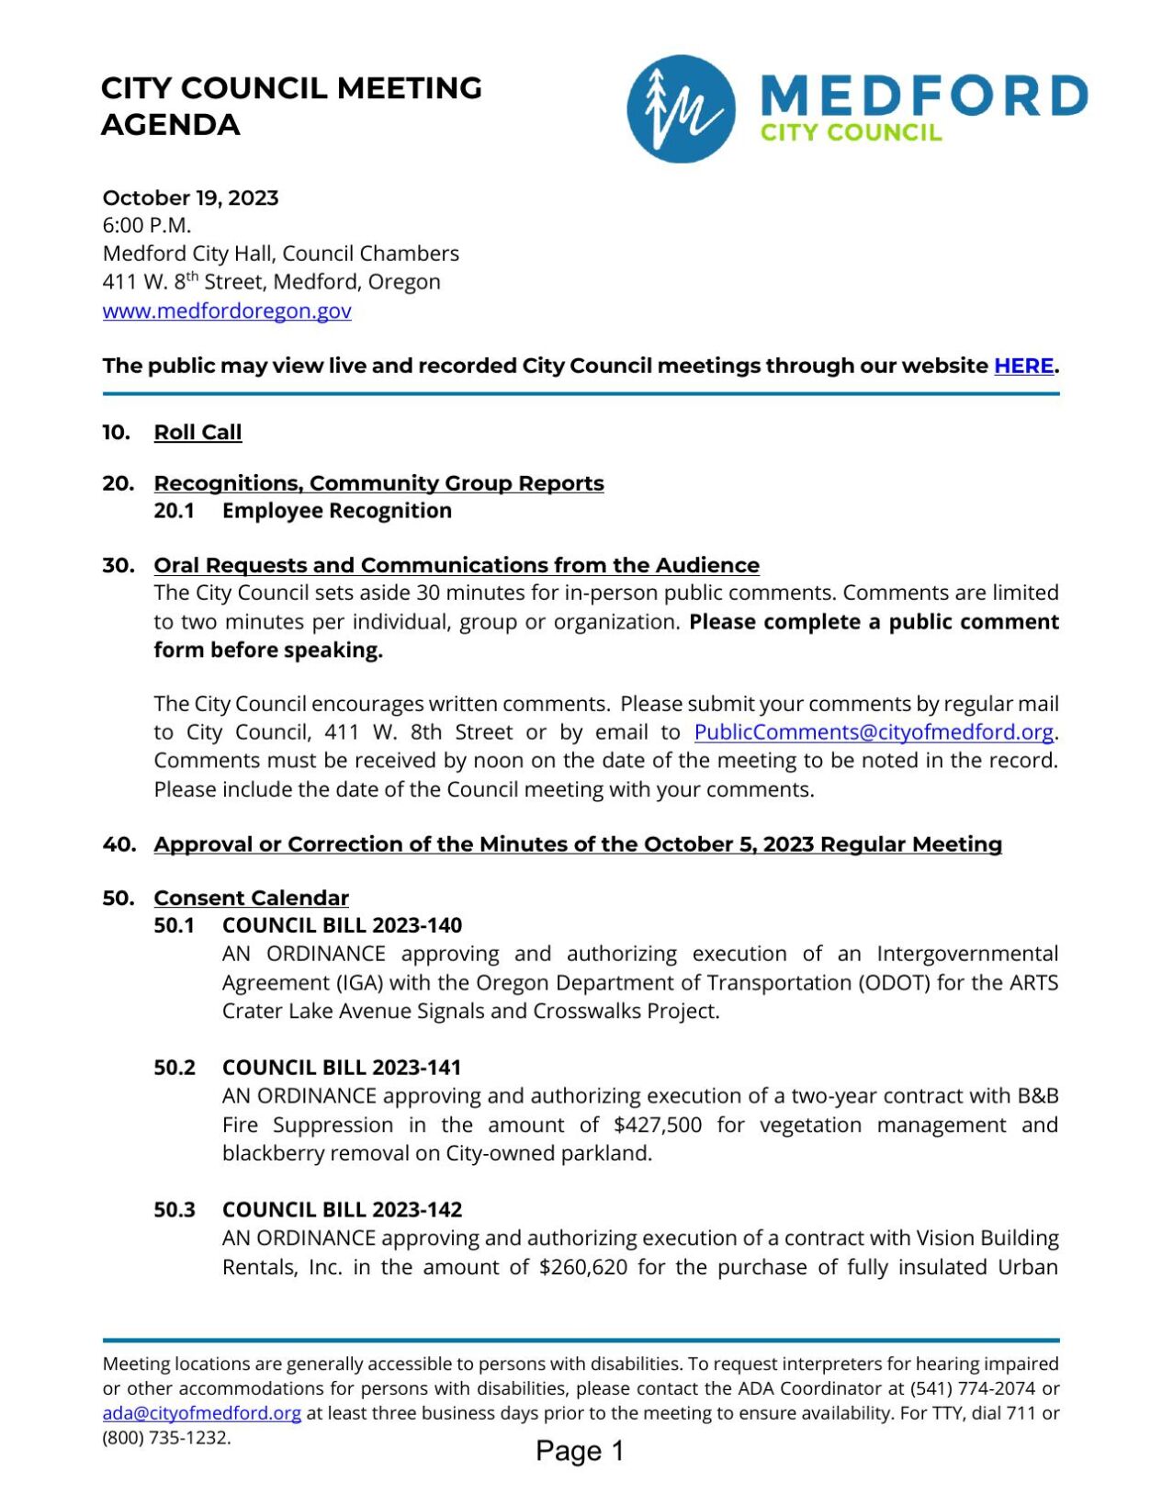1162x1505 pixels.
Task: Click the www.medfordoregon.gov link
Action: (227, 311)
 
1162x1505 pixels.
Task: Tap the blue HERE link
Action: (1023, 366)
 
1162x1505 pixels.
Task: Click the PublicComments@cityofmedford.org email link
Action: (873, 732)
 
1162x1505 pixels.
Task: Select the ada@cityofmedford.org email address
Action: (201, 1413)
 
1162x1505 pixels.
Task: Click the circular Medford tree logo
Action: (681, 108)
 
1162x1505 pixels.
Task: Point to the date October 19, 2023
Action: (190, 198)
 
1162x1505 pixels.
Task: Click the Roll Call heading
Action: (197, 432)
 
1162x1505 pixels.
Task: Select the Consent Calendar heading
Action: (251, 898)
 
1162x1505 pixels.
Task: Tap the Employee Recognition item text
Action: (336, 511)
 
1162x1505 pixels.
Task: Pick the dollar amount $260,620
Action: (583, 1267)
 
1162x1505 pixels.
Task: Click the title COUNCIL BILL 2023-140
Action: (342, 925)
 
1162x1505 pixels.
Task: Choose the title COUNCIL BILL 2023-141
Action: (341, 1068)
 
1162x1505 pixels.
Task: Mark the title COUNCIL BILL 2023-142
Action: (342, 1210)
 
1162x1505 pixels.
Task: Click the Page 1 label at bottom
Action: (580, 1451)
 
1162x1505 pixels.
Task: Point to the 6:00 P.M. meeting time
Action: (147, 225)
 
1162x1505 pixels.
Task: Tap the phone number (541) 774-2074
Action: (972, 1388)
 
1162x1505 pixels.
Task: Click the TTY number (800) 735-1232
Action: (165, 1438)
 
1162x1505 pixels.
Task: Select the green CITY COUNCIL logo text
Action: (851, 132)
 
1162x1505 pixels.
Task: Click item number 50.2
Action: (175, 1068)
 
